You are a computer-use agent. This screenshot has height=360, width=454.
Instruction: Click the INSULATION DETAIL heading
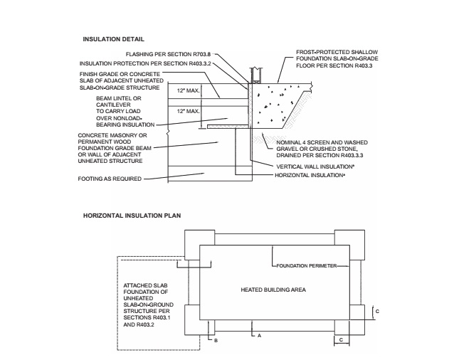click(x=113, y=39)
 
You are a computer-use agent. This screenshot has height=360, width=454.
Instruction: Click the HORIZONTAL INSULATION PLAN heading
click(x=132, y=216)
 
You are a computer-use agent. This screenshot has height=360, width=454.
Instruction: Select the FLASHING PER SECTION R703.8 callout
click(x=168, y=54)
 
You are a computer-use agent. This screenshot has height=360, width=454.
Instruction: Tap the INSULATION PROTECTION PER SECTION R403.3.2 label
click(x=145, y=63)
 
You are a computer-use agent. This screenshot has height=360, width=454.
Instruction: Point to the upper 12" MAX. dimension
click(x=188, y=90)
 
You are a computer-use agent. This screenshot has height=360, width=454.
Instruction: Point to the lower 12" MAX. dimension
click(x=188, y=111)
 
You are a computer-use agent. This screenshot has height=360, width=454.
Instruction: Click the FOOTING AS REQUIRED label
click(x=110, y=179)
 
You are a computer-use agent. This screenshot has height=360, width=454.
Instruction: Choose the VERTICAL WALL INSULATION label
click(x=315, y=166)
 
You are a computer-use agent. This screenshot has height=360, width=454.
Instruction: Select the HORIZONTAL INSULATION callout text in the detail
click(x=310, y=175)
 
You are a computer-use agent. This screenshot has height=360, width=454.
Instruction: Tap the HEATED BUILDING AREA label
click(x=273, y=290)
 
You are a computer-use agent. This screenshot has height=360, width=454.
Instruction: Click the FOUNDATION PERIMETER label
click(x=306, y=265)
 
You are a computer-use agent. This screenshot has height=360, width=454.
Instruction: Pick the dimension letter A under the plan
click(x=260, y=335)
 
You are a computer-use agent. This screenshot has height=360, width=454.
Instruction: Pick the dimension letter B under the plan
click(x=216, y=341)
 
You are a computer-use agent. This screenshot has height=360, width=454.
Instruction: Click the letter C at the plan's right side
click(x=377, y=312)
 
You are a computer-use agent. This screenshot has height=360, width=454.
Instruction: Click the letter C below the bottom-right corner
click(x=341, y=340)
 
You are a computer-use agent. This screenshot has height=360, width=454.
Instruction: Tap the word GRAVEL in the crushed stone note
click(x=287, y=149)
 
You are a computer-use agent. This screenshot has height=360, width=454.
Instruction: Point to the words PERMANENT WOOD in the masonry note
click(x=104, y=142)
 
